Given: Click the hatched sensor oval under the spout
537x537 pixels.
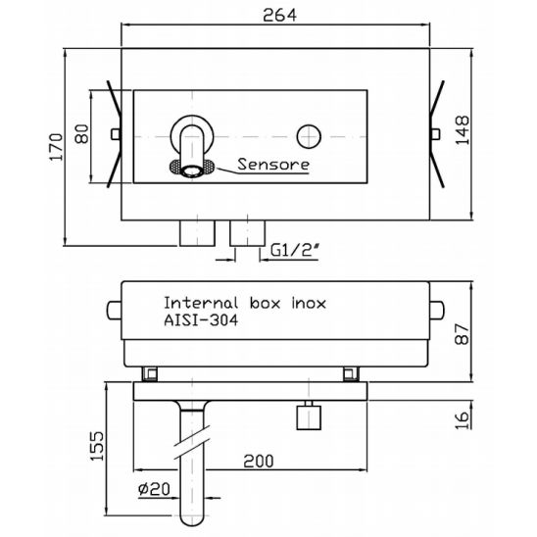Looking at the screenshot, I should (x=189, y=171).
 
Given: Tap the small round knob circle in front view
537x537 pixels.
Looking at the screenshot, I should (x=311, y=134).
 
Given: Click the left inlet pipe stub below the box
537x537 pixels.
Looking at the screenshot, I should (x=198, y=233).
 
